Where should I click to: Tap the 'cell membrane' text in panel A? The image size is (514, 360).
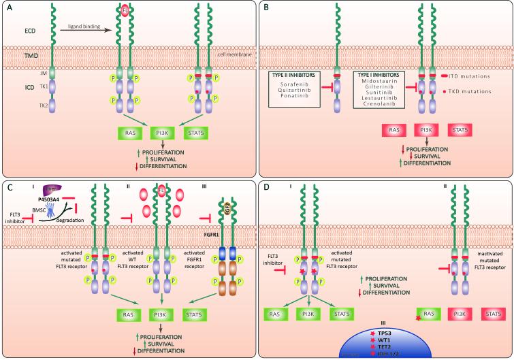click(x=231, y=54)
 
